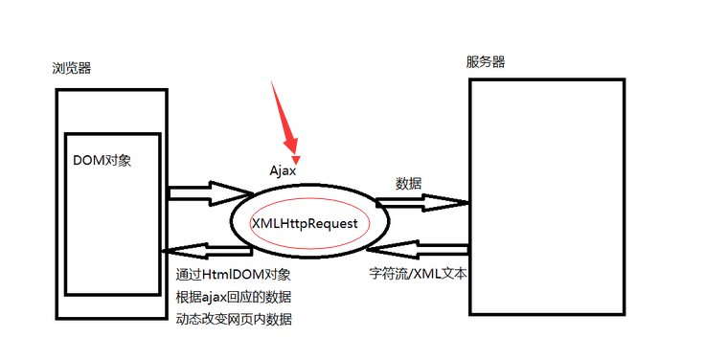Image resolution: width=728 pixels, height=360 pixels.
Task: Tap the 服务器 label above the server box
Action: coord(486,62)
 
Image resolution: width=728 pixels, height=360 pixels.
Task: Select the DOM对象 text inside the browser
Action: coord(102,160)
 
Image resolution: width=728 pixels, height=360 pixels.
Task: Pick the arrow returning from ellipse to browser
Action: coord(205,251)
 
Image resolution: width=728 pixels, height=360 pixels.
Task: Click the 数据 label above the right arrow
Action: coord(408,182)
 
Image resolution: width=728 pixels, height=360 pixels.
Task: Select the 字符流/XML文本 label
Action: coord(418,273)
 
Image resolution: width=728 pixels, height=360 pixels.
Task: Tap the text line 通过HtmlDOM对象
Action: coord(227,274)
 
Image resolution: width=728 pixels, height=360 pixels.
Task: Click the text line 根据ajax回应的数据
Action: coord(235,296)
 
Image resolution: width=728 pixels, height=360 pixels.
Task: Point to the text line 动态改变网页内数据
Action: coord(235,318)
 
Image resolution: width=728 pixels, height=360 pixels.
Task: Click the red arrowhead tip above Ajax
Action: coord(297,159)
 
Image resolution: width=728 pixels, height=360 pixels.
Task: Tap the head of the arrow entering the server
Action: coord(458,203)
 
